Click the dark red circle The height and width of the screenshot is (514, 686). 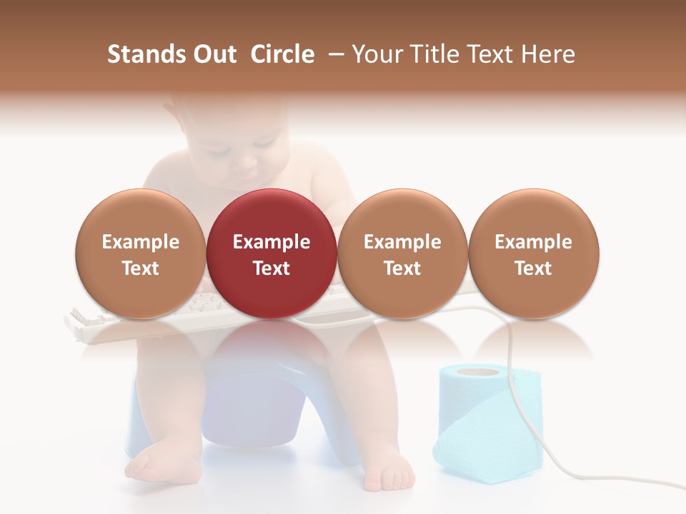[272, 253]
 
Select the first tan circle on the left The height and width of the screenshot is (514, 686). [140, 253]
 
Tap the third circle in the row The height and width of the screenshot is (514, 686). [402, 253]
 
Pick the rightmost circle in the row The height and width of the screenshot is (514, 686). [533, 253]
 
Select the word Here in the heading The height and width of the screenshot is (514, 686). [548, 54]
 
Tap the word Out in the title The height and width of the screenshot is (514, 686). [214, 54]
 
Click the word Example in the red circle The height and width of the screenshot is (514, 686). [272, 242]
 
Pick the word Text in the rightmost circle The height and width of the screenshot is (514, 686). [533, 268]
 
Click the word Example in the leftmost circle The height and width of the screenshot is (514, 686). [140, 242]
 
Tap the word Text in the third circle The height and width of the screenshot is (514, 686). [402, 268]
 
